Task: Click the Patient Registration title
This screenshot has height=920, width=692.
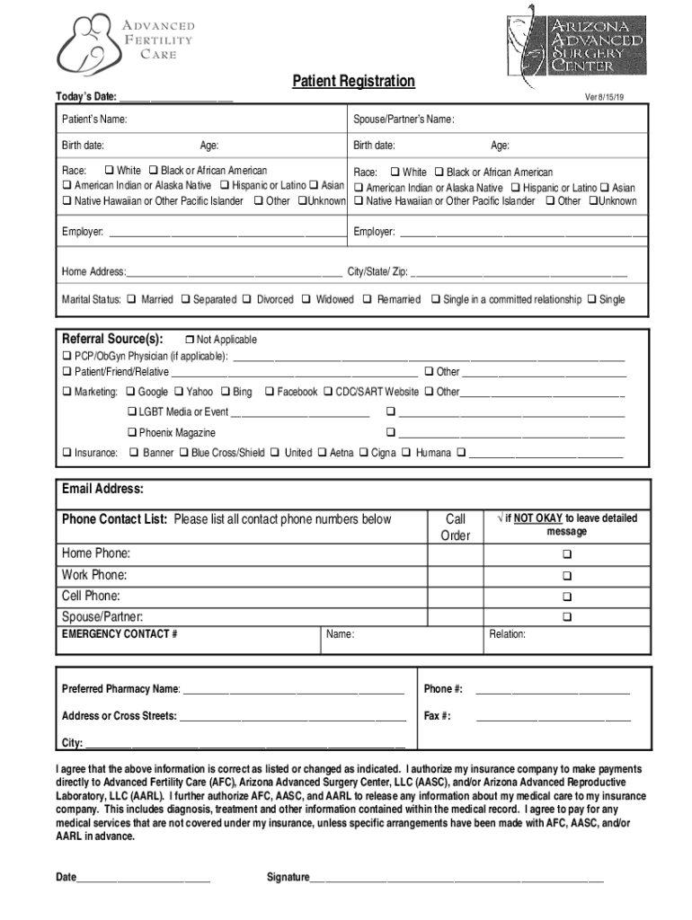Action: pyautogui.click(x=353, y=82)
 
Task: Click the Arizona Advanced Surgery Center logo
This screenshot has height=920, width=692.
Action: pyautogui.click(x=575, y=40)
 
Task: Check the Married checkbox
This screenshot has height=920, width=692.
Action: pyautogui.click(x=131, y=299)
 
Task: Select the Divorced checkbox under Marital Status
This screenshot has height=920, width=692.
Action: pyautogui.click(x=248, y=299)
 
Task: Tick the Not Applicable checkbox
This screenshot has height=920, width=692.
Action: pyautogui.click(x=189, y=340)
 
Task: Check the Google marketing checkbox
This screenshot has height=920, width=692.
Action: pyautogui.click(x=131, y=392)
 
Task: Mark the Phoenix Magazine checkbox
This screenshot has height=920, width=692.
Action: pyautogui.click(x=131, y=433)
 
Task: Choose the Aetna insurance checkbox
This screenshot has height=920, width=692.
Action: pyautogui.click(x=321, y=453)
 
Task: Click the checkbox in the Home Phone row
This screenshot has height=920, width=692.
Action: pyautogui.click(x=567, y=554)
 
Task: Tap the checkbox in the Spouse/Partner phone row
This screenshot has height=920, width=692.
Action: pyautogui.click(x=567, y=617)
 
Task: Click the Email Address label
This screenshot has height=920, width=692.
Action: pyautogui.click(x=102, y=490)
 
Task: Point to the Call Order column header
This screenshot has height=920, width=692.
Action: pyautogui.click(x=456, y=527)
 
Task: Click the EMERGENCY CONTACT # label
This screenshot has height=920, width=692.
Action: pyautogui.click(x=120, y=634)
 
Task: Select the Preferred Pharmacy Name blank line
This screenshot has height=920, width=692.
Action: pyautogui.click(x=293, y=690)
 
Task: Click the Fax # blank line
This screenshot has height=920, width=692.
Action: pyautogui.click(x=553, y=717)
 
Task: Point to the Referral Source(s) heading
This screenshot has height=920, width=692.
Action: pyautogui.click(x=112, y=339)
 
